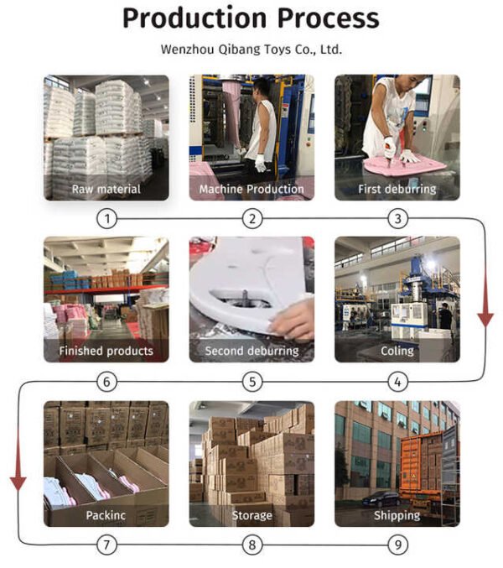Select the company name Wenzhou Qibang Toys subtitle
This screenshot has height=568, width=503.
251,50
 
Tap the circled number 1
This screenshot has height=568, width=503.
106,219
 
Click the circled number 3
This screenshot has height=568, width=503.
397,219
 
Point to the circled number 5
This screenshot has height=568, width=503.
252,382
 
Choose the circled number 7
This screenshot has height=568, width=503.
106,545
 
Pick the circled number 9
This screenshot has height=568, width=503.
397,545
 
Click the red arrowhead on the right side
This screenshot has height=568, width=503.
485,320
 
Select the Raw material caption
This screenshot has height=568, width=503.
106,189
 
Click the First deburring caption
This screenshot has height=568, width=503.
397,189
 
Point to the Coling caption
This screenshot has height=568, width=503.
397,351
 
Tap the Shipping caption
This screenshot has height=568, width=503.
397,515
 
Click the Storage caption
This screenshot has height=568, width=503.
251,515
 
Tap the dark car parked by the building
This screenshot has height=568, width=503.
381,499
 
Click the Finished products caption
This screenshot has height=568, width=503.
106,351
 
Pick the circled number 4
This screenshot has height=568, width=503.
397,382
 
